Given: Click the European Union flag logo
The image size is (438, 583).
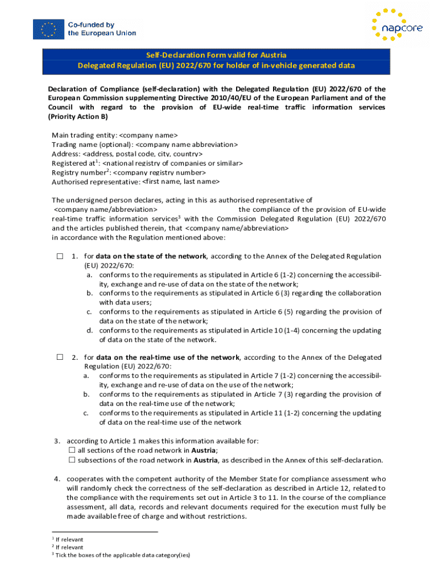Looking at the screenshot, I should click(48, 29).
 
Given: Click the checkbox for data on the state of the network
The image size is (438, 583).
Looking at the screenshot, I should click(60, 256).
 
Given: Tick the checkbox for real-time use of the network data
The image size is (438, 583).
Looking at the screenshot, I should click(60, 357).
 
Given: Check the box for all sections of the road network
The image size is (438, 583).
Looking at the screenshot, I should click(72, 450).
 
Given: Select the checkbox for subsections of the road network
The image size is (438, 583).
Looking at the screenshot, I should click(72, 459).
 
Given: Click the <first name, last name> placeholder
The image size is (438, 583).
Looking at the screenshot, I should click(180, 182).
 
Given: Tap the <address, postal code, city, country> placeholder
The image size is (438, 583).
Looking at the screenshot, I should click(142, 154).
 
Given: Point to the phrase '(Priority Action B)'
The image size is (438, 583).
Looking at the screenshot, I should click(77, 117).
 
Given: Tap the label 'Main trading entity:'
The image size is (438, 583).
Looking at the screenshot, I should click(84, 135).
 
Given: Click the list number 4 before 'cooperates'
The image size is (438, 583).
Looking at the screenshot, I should click(57, 479).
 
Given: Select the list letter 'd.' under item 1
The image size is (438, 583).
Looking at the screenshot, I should click(90, 330).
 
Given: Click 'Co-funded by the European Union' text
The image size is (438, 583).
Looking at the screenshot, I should click(102, 29).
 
